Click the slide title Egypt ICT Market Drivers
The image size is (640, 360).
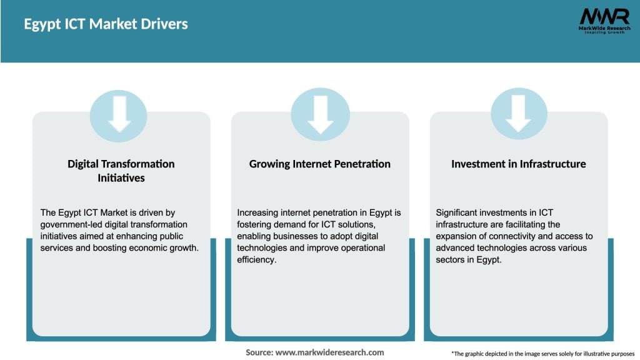tap(106, 24)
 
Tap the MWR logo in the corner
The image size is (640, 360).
tap(604, 16)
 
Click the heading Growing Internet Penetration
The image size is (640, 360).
tap(320, 164)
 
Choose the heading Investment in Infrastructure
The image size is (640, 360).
tap(519, 164)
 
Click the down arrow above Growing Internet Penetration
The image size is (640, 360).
tap(320, 113)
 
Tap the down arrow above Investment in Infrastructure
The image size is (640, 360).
tap(519, 113)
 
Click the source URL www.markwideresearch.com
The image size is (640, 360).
tap(329, 352)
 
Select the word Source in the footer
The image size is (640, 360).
tap(258, 352)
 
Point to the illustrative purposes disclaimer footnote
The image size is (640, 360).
tap(542, 353)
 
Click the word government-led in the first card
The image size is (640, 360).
tap(69, 224)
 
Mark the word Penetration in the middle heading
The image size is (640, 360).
tap(361, 164)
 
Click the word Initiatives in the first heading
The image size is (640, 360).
tap(121, 177)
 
